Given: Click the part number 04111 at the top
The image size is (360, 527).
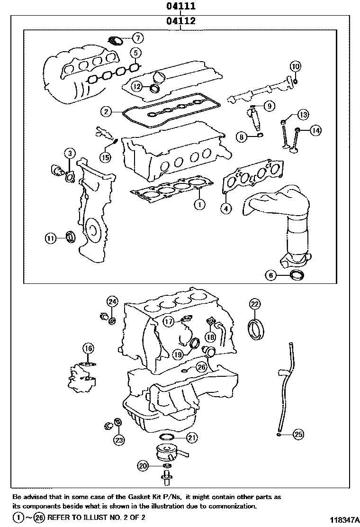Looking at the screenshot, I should (x=180, y=6).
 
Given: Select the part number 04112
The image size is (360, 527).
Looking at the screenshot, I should (x=180, y=21).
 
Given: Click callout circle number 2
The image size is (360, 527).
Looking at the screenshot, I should (x=106, y=112).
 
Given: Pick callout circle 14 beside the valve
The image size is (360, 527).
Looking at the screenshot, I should (x=315, y=130).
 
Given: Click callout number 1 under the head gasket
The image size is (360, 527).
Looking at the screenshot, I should (x=199, y=204).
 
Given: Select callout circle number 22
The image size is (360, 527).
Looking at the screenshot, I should (x=255, y=303).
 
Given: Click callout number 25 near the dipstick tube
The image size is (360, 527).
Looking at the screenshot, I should (x=298, y=434).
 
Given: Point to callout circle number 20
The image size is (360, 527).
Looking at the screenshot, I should (x=143, y=466).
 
